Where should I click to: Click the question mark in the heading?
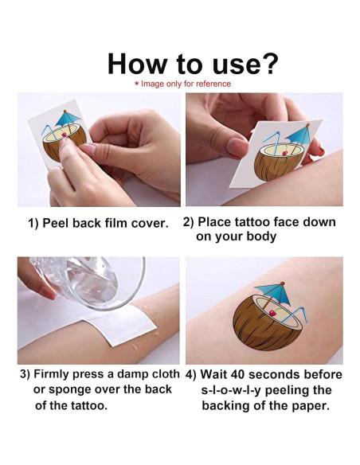coord(268,64)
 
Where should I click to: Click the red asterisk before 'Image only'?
coord(137,84)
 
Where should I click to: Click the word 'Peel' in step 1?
coord(56,223)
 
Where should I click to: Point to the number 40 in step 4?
coord(238,374)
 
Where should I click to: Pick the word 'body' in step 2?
coord(262,237)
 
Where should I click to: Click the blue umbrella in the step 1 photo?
coord(68,119)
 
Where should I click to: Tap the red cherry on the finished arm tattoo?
coord(272,313)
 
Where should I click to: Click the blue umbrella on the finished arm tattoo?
coord(272,292)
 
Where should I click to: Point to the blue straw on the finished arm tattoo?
coord(295,316)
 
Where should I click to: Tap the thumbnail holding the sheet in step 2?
coord(236,147)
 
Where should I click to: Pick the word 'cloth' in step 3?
coord(165,374)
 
